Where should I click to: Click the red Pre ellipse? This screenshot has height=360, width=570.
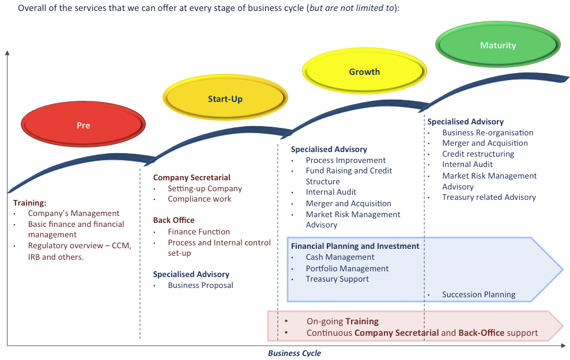tap(83, 124)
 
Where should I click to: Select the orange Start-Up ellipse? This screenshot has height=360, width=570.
tap(225, 98)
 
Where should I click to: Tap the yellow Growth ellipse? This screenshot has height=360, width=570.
tap(365, 71)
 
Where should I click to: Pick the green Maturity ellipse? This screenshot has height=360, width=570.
tap(498, 45)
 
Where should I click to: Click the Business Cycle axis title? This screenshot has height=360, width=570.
tap(295, 353)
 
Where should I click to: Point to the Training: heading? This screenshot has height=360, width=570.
tap(30, 203)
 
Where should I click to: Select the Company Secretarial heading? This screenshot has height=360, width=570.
tap(191, 177)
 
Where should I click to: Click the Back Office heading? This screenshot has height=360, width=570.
tap(173, 220)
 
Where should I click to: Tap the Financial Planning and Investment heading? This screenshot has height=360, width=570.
tap(355, 246)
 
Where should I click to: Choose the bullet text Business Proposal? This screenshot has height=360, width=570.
tap(201, 285)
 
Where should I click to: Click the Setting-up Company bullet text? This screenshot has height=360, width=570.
tap(205, 188)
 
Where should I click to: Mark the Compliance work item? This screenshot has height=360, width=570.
tap(199, 199)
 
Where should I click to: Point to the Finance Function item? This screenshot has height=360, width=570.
tap(199, 232)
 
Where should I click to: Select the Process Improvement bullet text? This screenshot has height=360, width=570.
tap(346, 160)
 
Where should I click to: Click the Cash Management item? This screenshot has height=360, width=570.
tap(340, 257)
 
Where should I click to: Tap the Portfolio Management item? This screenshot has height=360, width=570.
tap(347, 268)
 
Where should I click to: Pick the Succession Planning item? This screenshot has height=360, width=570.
tap(479, 294)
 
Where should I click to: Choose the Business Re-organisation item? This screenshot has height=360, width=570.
tap(488, 132)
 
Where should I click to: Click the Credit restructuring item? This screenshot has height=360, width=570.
tap(478, 154)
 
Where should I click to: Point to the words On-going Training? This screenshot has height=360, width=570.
tap(342, 321)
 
